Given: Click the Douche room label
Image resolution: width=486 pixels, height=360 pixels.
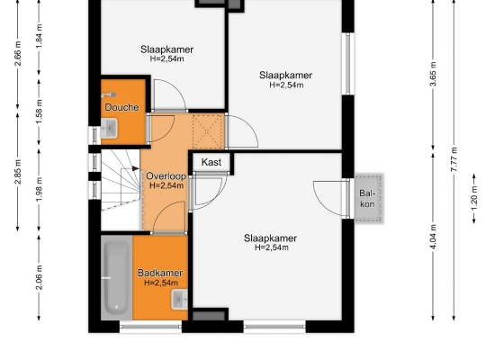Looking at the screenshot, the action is click(121, 107).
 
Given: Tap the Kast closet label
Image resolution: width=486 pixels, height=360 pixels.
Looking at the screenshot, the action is click(211, 162).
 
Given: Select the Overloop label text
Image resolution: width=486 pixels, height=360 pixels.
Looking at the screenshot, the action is click(166, 176).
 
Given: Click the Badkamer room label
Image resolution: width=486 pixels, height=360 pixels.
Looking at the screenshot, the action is click(160, 273).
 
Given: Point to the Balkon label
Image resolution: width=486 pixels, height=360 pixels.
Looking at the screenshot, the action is click(367, 198).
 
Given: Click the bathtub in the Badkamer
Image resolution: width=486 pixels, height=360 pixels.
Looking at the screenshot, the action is click(116, 277).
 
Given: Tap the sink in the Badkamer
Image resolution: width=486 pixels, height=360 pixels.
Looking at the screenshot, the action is click(180, 299).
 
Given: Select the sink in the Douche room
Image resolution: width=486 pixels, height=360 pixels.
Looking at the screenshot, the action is click(109, 128).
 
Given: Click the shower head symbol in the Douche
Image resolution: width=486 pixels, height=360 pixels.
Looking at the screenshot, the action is click(109, 94).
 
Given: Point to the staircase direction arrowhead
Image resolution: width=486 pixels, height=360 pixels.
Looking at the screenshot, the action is click(135, 168).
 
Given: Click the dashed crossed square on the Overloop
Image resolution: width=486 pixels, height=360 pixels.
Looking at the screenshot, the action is click(207, 131).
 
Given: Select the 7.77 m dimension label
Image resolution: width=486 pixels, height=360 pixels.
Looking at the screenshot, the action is click(454, 159).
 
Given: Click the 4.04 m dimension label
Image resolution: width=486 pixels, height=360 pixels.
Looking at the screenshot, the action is click(433, 237).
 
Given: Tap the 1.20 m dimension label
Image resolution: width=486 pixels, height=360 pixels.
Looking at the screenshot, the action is click(474, 198).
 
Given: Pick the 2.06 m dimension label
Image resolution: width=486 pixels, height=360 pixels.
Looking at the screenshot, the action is click(39, 277).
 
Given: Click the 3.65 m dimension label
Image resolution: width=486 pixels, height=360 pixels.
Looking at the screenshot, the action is click(433, 75).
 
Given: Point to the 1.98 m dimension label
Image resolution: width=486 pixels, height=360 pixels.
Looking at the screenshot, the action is click(39, 190).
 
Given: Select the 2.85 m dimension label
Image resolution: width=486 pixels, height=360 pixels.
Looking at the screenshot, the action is click(18, 172).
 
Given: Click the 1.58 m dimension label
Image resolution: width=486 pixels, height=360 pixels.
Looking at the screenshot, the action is click(39, 112).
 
